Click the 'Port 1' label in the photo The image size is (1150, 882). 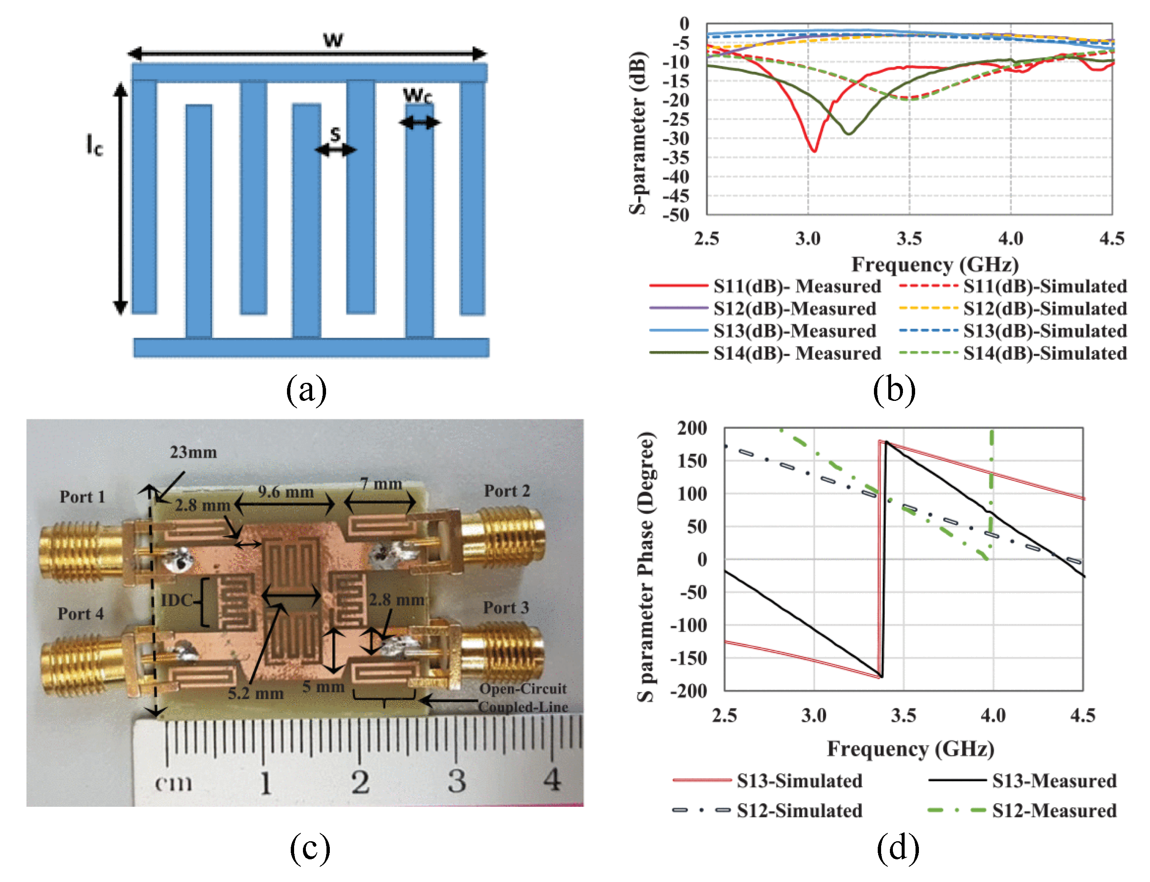pos(82,497)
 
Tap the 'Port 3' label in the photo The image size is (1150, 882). pos(506,608)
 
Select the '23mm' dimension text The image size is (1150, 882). pos(193,452)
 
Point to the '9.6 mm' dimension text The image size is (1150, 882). pos(286,492)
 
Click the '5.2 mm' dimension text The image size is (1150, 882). pos(255,693)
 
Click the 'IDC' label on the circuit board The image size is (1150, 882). pos(176,600)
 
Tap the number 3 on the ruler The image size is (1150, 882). pos(457,781)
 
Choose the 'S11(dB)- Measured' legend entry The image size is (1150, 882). pos(797,286)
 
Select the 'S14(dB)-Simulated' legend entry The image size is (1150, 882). pos(1045,353)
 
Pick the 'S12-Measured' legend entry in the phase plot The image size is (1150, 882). pos(1054,810)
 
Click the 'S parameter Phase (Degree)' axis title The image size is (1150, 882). pos(646,567)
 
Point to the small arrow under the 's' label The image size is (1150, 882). pos(335,150)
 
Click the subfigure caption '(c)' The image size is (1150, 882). pos(310,848)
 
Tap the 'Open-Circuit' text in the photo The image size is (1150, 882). pos(523,688)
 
